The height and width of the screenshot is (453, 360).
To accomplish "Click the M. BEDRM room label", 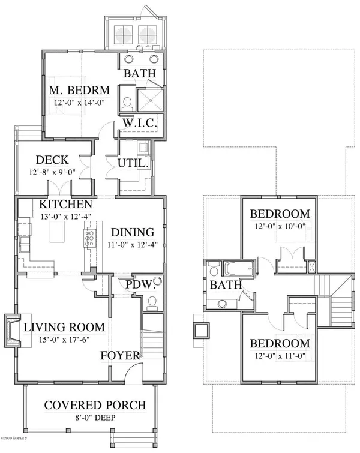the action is (79, 90).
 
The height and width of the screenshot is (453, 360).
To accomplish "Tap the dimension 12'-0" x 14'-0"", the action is (79, 103).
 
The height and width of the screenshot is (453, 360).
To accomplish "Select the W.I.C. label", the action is (140, 123).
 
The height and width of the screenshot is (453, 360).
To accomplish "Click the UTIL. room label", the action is (133, 163).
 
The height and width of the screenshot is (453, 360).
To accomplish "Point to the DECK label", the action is (52, 160).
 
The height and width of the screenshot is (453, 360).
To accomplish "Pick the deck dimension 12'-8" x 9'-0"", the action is (52, 172).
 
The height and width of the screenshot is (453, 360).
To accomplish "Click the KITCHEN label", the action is (65, 204).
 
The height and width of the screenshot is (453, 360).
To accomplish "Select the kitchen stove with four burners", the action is (90, 238).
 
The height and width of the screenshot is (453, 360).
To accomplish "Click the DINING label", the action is (133, 232).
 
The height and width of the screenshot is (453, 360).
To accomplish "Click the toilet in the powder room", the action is (152, 302).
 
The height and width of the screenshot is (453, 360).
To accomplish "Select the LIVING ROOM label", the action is (64, 327).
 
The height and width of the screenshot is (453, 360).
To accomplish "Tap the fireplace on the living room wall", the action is (13, 331).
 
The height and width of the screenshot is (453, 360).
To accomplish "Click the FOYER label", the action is (120, 355).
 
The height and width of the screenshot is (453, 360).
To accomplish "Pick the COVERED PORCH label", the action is (95, 405).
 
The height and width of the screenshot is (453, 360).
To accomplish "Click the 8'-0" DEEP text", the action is (95, 418).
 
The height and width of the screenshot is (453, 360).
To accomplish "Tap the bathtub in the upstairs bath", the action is (239, 269).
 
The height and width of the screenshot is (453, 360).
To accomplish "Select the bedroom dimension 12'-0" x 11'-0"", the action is (280, 356).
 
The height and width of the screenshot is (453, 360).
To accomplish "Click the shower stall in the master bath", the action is (150, 100).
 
